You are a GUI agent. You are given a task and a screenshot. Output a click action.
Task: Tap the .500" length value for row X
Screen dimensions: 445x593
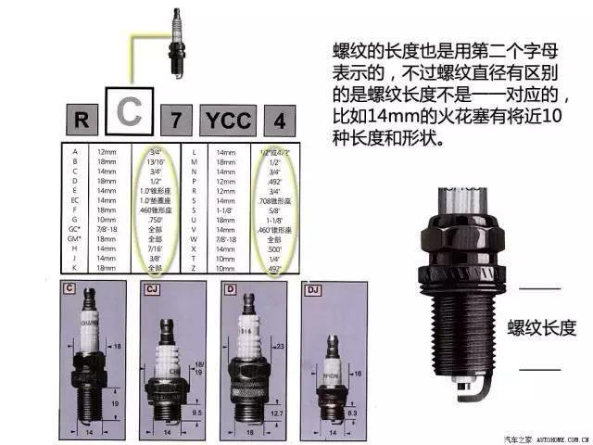pyautogui.click(x=274, y=250)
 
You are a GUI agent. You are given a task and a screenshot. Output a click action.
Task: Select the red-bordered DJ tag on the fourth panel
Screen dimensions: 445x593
pyautogui.click(x=312, y=290)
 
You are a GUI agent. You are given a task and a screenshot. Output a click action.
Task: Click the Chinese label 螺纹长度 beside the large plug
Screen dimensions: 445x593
pyautogui.click(x=542, y=327)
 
